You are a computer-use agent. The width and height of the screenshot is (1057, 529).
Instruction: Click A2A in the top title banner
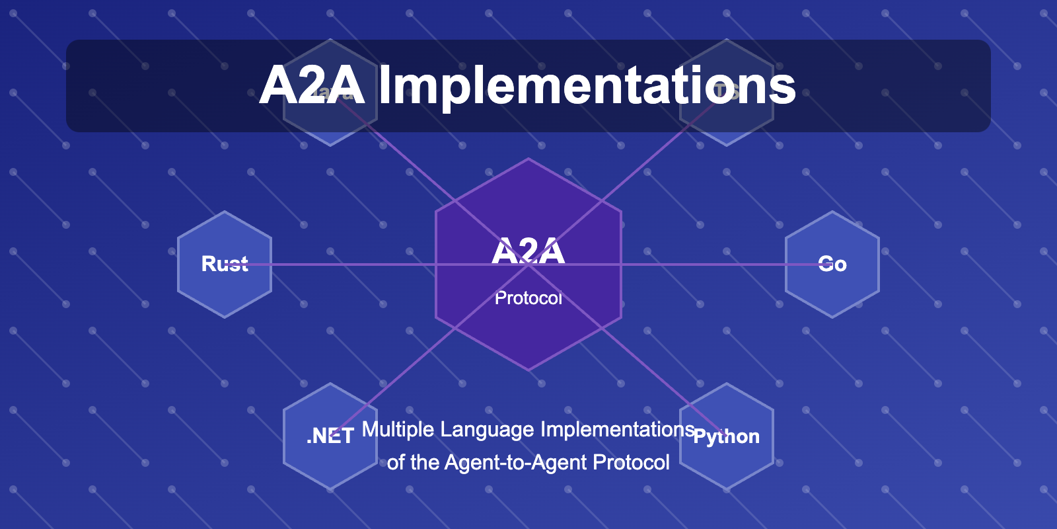click(312, 86)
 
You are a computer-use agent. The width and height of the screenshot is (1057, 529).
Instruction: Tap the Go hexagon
click(832, 291)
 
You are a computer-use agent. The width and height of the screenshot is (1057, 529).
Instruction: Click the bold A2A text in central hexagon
click(528, 251)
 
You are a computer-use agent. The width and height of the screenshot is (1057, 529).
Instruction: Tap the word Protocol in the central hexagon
click(528, 298)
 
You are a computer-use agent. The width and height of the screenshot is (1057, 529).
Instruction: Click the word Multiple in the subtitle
click(398, 430)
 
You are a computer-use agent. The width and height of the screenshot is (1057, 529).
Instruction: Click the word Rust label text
click(225, 264)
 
